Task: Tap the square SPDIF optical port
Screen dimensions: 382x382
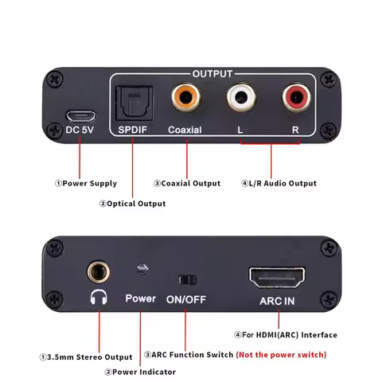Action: point(129,102)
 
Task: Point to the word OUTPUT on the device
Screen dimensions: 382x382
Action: point(213,72)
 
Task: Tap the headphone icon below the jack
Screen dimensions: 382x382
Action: point(99,300)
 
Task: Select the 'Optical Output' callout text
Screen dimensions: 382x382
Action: point(132,204)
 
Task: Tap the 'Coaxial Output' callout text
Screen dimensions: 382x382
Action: point(187,183)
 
